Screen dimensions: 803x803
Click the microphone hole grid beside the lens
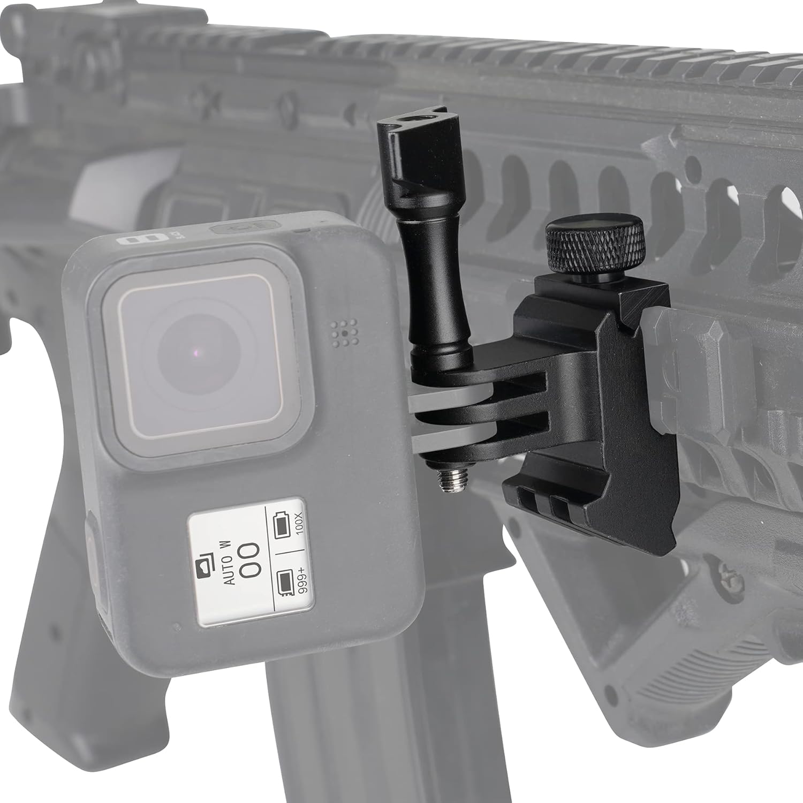click(343, 333)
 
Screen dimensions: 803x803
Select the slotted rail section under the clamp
click(541, 498)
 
